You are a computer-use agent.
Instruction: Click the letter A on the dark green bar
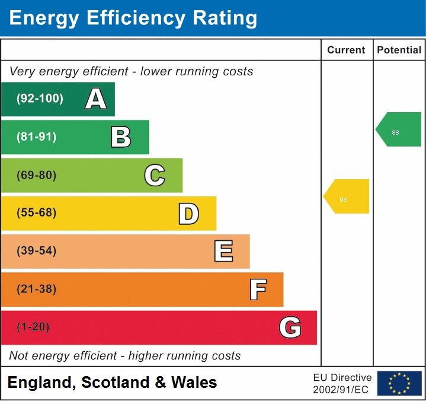pyautogui.click(x=96, y=99)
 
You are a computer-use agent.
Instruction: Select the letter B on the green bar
pyautogui.click(x=121, y=137)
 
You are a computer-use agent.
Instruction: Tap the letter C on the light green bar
pyautogui.click(x=155, y=176)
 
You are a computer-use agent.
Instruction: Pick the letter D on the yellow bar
pyautogui.click(x=188, y=214)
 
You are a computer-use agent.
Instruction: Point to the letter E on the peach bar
pyautogui.click(x=223, y=252)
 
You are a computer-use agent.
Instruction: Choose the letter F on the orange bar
pyautogui.click(x=257, y=289)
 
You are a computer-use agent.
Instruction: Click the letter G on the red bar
pyautogui.click(x=290, y=327)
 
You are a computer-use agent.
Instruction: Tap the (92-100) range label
pyautogui.click(x=40, y=99)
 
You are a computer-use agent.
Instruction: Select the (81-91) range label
pyautogui.click(x=37, y=137)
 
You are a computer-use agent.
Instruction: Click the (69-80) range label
pyautogui.click(x=37, y=176)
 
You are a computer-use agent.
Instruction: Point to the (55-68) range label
pyautogui.click(x=37, y=213)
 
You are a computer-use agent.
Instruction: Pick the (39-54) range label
pyautogui.click(x=37, y=251)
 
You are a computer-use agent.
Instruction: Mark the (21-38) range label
pyautogui.click(x=37, y=289)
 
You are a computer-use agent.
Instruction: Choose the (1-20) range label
pyautogui.click(x=33, y=327)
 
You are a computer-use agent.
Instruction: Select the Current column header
pyautogui.click(x=347, y=50)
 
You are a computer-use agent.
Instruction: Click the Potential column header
pyautogui.click(x=399, y=50)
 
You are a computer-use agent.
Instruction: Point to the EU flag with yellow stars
pyautogui.click(x=399, y=383)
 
